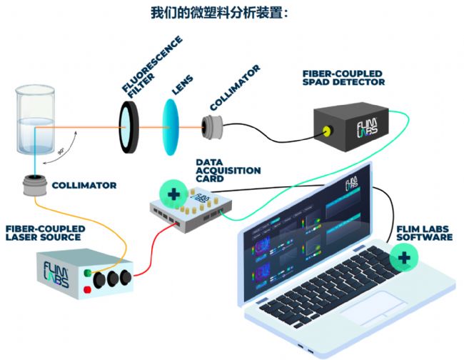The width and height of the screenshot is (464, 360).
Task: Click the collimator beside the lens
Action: [x=212, y=126]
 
